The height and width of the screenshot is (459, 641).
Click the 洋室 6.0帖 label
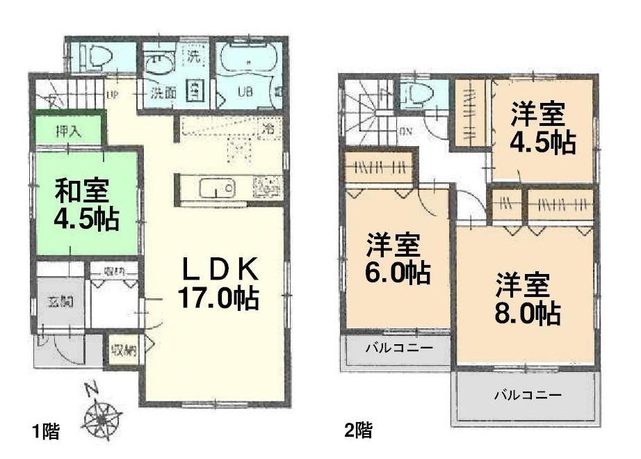397,259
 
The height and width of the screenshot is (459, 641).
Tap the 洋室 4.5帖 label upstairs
542,128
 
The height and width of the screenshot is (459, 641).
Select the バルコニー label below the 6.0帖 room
398,346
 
